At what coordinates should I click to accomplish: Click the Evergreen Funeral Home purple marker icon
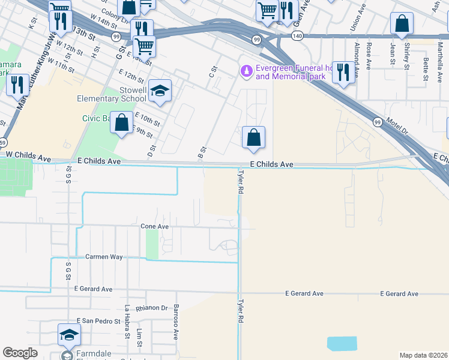[x=246, y=71]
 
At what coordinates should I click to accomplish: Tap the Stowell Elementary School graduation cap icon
[x=160, y=91]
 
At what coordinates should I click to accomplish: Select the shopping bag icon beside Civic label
[x=121, y=123]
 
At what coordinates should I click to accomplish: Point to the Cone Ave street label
[x=154, y=227]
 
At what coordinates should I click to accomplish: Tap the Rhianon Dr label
[x=151, y=308]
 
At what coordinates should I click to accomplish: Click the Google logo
[x=20, y=353]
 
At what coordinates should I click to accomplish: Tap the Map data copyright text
[x=423, y=355]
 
